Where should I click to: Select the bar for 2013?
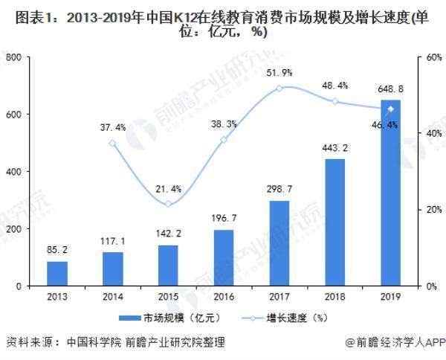(56, 273)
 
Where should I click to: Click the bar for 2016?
(223, 257)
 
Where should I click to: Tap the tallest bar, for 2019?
(390, 193)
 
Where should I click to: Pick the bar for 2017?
(279, 243)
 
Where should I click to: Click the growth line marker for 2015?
(168, 204)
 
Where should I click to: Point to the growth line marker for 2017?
(279, 88)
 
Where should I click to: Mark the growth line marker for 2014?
(112, 143)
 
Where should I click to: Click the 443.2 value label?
(334, 147)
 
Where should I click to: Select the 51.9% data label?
(279, 72)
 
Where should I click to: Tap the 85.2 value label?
(56, 250)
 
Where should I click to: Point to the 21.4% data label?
(168, 187)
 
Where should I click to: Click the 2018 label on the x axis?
(334, 297)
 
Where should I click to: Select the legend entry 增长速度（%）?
(287, 318)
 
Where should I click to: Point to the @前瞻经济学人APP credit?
(394, 343)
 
